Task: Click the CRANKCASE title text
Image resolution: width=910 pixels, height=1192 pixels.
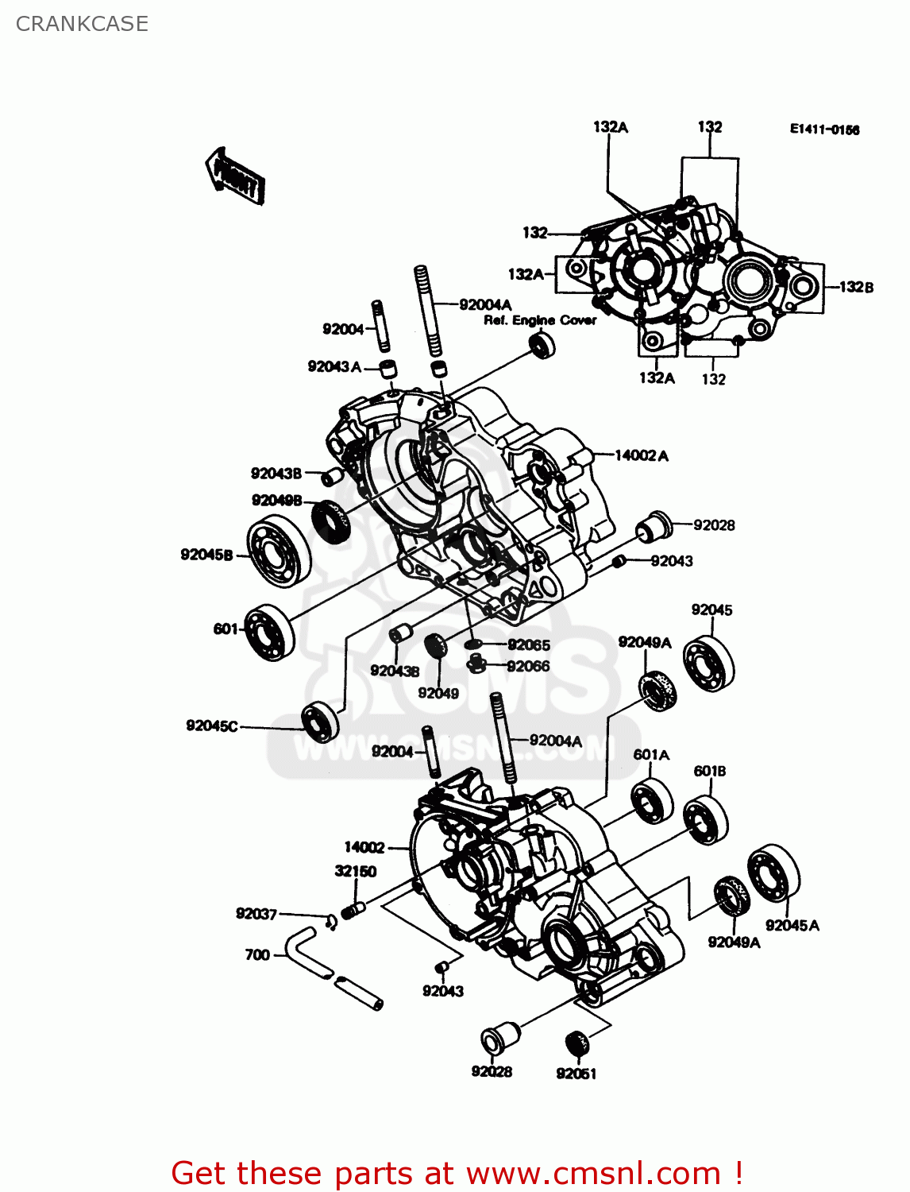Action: coord(82,24)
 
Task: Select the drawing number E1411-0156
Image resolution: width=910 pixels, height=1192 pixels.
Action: coord(823,130)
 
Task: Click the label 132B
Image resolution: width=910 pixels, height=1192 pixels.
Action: coord(856,287)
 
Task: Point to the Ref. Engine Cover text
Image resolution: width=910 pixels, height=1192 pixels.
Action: coord(540,320)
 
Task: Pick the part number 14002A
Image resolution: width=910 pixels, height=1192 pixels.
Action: coord(642,455)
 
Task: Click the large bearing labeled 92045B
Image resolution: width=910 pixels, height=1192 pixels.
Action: coord(279,551)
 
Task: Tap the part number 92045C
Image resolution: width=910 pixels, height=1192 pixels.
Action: coord(212,726)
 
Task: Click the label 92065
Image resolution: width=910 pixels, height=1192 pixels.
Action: coord(529,644)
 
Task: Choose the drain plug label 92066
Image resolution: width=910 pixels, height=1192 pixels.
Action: coord(528,666)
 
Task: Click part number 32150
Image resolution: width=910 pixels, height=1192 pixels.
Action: coord(355,871)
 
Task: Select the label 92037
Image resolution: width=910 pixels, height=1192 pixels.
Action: coord(256,914)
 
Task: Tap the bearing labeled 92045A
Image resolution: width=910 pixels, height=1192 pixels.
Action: coord(773,874)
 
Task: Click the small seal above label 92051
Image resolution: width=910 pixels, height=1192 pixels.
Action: coord(576,1043)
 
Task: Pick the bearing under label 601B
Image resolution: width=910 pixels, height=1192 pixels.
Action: coord(706,819)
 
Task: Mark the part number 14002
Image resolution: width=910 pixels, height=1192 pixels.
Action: coord(364,847)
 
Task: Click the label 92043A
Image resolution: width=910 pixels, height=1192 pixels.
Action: coord(334,366)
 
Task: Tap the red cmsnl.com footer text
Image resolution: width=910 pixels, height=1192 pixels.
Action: coord(457,1173)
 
